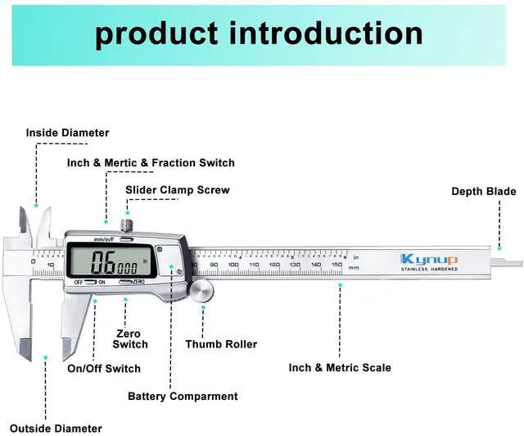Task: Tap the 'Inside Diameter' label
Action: coord(67,133)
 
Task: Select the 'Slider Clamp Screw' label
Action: coord(177,190)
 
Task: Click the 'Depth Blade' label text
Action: coord(484,192)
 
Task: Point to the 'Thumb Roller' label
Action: coord(221,345)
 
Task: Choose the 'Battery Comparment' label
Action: coord(183,397)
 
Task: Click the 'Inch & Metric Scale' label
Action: coord(340,368)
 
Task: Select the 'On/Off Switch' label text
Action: coord(104,369)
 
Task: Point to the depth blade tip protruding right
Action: coord(512,262)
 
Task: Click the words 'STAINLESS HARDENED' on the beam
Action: coord(430,270)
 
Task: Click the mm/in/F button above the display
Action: coord(106,238)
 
